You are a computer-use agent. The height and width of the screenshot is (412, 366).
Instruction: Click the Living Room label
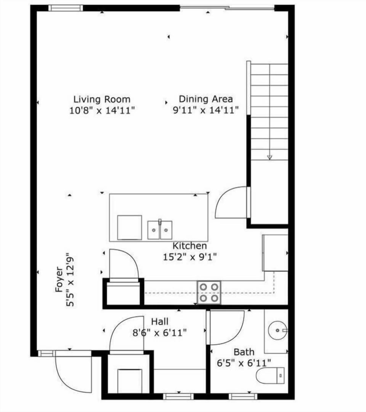click(102, 100)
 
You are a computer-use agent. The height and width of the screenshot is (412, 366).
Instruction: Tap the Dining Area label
click(205, 99)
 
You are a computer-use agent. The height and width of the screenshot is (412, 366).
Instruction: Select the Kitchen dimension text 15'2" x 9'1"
click(189, 257)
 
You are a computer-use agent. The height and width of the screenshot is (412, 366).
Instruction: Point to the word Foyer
click(59, 279)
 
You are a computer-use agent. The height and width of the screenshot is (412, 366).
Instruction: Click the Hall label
click(159, 322)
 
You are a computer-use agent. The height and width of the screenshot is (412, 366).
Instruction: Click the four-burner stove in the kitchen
click(209, 293)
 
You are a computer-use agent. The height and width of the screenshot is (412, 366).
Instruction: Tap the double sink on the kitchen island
click(160, 230)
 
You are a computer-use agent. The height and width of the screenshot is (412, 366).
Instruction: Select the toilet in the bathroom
click(270, 376)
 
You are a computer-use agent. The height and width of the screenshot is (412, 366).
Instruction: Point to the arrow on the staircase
click(270, 156)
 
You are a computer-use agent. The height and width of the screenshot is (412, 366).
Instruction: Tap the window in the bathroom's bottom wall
click(243, 397)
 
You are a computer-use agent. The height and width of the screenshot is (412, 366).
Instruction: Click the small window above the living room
click(66, 8)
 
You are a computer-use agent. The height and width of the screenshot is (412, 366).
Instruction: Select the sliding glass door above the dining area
click(227, 8)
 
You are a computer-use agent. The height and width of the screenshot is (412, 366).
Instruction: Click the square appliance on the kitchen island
click(129, 228)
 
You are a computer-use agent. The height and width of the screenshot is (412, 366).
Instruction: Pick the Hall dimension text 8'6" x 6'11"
click(159, 333)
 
